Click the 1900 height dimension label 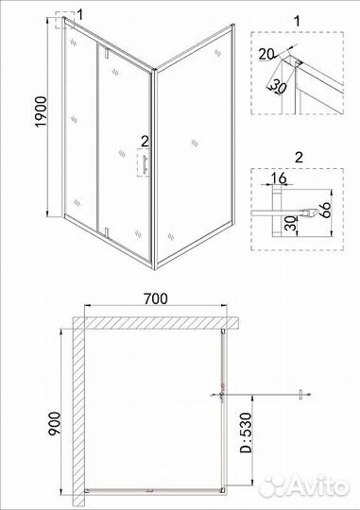[42, 111]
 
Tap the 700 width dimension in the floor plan [156, 298]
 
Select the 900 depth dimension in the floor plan [54, 423]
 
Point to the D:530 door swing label [246, 433]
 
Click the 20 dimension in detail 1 [266, 54]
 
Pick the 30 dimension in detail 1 [278, 86]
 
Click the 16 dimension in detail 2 [279, 178]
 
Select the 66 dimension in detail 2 [324, 211]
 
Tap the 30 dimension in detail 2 [292, 224]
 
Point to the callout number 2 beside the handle [145, 142]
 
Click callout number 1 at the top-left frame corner [80, 14]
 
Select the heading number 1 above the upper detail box [297, 21]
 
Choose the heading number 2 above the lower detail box [299, 158]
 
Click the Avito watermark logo [305, 487]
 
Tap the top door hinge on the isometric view [106, 53]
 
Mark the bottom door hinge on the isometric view [106, 233]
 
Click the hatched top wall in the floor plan [156, 323]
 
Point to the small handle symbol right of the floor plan [301, 395]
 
